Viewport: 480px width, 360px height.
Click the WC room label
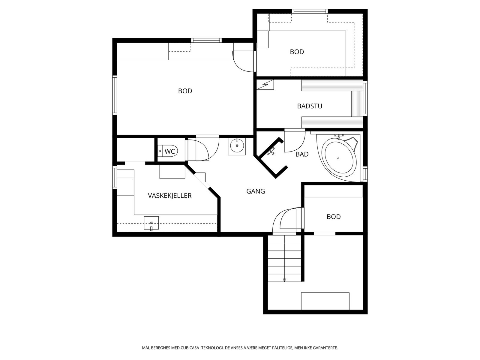pos(170,151)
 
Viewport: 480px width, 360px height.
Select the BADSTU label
pos(310,106)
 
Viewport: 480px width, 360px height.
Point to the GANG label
pos(256,191)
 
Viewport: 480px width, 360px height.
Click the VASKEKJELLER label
pos(170,196)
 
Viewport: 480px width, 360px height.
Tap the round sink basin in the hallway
pos(237,145)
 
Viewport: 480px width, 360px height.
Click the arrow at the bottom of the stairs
pos(284,280)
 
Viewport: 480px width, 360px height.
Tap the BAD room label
pos(302,154)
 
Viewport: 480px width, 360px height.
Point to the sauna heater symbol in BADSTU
pos(265,85)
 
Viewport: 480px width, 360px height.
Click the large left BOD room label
pos(185,91)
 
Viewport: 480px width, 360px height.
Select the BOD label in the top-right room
pos(297,52)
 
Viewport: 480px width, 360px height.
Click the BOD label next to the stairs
pos(334,217)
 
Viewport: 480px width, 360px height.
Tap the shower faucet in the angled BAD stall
pos(271,152)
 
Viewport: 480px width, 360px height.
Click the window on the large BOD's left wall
pos(115,95)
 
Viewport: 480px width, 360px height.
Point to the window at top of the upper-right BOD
pos(310,11)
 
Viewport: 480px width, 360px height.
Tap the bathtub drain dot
pos(338,158)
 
